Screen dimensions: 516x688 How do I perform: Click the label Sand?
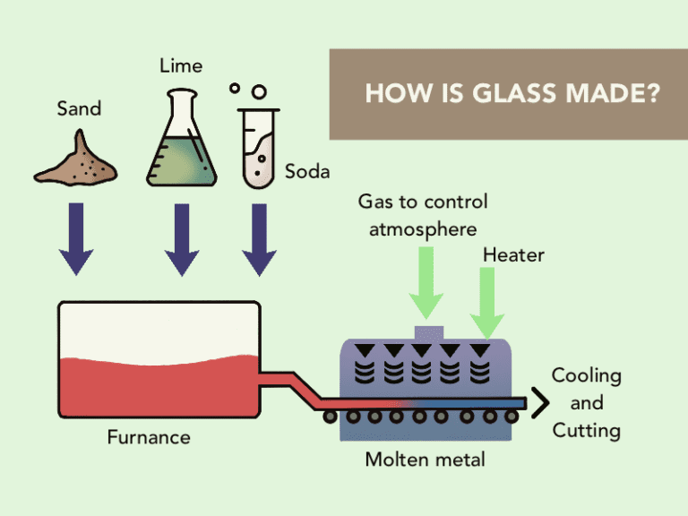coord(79,109)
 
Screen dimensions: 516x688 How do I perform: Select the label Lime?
coord(181,65)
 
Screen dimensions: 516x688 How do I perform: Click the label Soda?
coord(307,171)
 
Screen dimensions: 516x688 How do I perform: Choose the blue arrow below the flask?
coord(182,238)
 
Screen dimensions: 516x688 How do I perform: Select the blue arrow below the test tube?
coord(259,238)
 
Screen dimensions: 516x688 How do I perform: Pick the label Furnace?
coord(149,437)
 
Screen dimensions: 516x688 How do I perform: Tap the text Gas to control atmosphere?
coord(423,215)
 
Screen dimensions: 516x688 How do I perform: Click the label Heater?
coord(513,255)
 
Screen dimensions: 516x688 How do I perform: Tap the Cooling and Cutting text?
coord(586,403)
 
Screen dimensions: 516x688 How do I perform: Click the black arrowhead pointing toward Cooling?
coord(538,403)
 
